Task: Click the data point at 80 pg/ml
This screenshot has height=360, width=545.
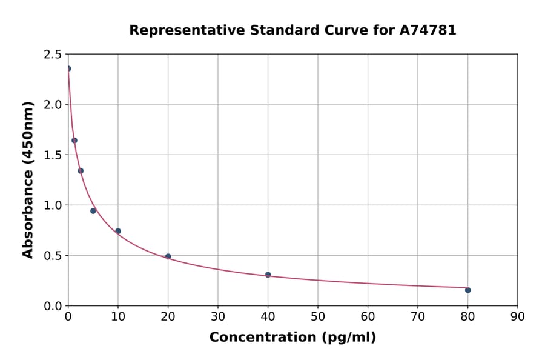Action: (467, 290)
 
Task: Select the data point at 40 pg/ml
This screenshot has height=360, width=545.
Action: (268, 275)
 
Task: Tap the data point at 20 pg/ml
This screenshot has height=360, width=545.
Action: (168, 256)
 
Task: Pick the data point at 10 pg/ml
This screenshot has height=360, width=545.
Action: (118, 231)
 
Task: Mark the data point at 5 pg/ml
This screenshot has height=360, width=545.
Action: (93, 211)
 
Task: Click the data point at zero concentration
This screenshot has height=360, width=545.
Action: (68, 68)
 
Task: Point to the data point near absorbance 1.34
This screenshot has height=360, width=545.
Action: (81, 171)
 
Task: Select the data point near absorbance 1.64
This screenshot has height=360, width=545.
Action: (74, 141)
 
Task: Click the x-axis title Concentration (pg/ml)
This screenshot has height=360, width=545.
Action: (292, 338)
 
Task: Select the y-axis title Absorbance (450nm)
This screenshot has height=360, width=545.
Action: (28, 179)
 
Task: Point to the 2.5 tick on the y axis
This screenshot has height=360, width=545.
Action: (53, 55)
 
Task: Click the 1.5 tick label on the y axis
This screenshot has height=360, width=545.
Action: (53, 155)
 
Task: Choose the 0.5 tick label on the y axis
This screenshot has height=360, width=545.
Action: (53, 256)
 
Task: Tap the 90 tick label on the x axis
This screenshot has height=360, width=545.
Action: (517, 316)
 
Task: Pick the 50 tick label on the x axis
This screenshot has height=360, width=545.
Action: (317, 316)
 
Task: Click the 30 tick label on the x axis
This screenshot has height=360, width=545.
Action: (218, 316)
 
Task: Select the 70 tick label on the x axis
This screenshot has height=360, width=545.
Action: (417, 316)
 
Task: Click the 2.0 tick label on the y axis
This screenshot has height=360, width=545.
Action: (53, 105)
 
